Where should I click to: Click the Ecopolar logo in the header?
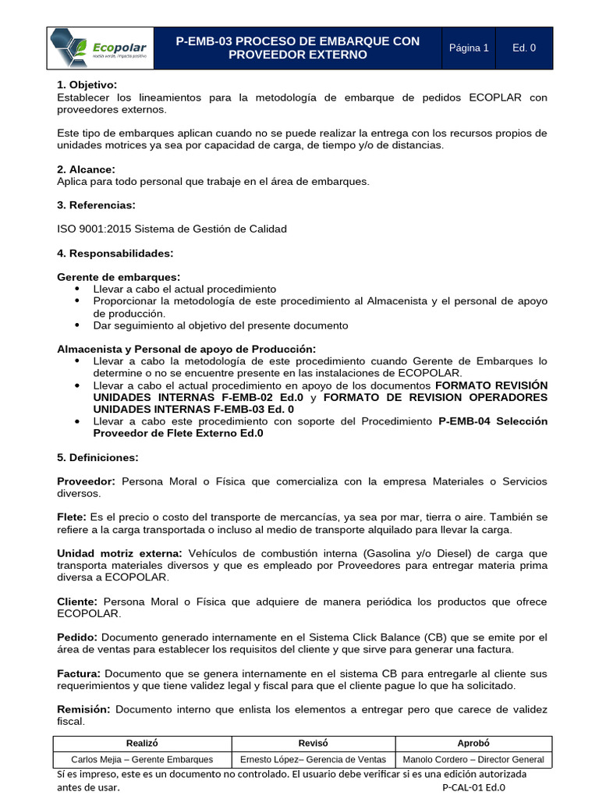pyautogui.click(x=100, y=48)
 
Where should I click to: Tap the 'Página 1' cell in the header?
pyautogui.click(x=469, y=48)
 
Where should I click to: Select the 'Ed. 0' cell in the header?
pyautogui.click(x=524, y=48)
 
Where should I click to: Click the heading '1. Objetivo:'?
pyautogui.click(x=87, y=85)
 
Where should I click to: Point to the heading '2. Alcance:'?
pyautogui.click(x=86, y=169)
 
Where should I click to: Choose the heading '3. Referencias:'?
pyautogui.click(x=96, y=205)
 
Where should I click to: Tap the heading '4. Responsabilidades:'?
pyautogui.click(x=115, y=254)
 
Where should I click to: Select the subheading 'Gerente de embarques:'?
pyautogui.click(x=119, y=277)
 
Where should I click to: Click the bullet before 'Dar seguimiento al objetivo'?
pyautogui.click(x=77, y=325)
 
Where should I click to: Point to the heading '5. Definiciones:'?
pyautogui.click(x=97, y=457)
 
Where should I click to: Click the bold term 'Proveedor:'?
pyautogui.click(x=87, y=481)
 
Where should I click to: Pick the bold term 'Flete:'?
pyautogui.click(x=73, y=517)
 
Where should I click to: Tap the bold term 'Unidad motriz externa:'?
pyautogui.click(x=118, y=553)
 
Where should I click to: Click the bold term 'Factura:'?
pyautogui.click(x=79, y=673)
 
